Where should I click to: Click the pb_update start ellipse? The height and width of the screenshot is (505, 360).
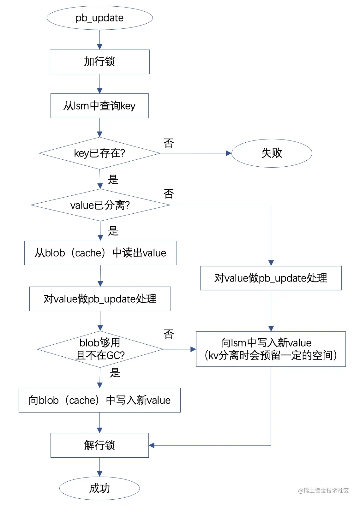tap(100, 18)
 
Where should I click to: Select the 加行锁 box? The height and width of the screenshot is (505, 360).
tap(100, 62)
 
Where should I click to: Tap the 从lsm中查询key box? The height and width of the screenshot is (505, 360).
tap(100, 106)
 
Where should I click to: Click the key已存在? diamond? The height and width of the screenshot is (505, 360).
tap(100, 153)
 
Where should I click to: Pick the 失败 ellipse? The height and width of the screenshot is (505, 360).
tap(272, 153)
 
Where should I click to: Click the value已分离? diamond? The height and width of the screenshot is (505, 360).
tap(100, 205)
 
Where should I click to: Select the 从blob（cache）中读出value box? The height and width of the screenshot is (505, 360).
tap(100, 253)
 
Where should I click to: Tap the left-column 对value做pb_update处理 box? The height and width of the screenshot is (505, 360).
tap(100, 299)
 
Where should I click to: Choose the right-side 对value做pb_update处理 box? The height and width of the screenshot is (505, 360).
tap(271, 278)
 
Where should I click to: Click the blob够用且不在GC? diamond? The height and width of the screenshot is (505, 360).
tap(100, 349)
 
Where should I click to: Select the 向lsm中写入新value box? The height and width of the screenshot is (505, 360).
tap(271, 349)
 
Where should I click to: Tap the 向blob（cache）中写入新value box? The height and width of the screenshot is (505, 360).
tap(100, 400)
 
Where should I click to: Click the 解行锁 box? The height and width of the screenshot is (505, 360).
tap(100, 445)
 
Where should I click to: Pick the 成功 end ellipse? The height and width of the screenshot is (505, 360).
tap(100, 488)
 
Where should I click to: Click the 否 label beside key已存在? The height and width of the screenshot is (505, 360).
tap(169, 143)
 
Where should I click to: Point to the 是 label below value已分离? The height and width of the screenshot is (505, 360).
tap(113, 231)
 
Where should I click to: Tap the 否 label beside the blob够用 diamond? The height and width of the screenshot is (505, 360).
tap(169, 334)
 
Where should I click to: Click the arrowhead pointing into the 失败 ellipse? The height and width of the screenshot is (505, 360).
tap(229, 153)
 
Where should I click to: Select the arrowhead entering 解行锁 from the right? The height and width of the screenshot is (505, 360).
tap(152, 445)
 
